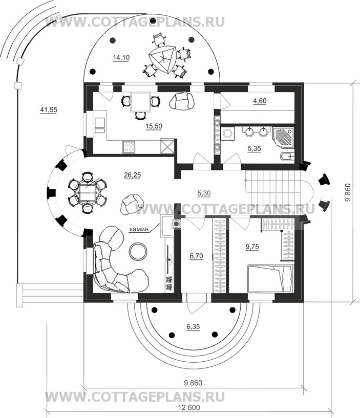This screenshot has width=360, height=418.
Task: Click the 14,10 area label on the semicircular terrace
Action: [121, 58]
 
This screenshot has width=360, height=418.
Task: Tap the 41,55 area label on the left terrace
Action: [49, 109]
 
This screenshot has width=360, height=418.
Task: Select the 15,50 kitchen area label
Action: [154, 126]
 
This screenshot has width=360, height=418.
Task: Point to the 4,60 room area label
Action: [260, 101]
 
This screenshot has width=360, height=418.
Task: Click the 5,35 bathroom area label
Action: [255, 148]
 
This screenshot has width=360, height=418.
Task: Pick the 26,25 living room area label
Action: [132, 175]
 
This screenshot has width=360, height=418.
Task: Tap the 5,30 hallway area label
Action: [204, 193]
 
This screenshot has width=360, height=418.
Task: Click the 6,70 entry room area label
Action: [196, 256]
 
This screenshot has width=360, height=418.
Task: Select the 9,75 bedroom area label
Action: [252, 247]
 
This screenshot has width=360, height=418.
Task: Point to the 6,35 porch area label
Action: [193, 326]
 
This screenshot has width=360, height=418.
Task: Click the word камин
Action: [139, 229]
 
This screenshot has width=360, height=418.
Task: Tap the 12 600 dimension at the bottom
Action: [188, 408]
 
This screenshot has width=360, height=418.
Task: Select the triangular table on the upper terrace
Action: [162, 60]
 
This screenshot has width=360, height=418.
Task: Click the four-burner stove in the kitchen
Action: [129, 147]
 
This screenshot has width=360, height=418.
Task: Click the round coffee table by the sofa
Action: [138, 251]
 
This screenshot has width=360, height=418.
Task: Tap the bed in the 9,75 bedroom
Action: [270, 278]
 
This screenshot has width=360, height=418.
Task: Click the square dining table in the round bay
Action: [87, 192]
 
